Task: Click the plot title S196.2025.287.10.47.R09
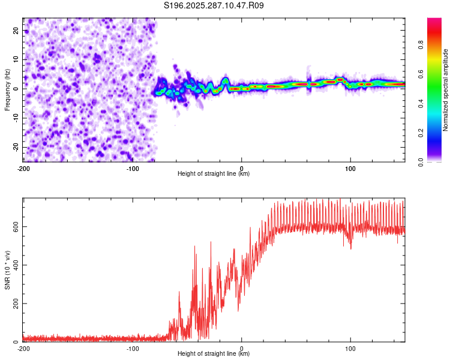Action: point(214,6)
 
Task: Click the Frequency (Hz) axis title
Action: point(7,89)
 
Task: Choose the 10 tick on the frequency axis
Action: point(16,59)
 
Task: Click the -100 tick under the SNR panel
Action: point(133,349)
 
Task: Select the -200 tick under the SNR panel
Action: point(23,349)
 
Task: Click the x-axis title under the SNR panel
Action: point(214,354)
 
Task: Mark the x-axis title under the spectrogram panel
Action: point(214,174)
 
